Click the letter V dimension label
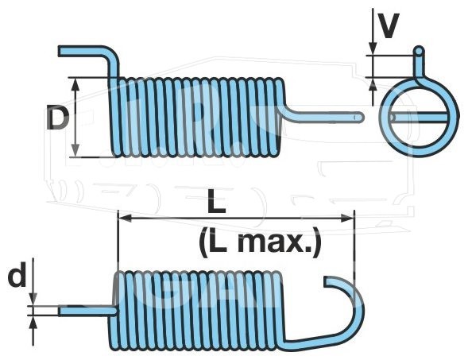[x=387, y=26]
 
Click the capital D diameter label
[x=58, y=118]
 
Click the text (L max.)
[x=260, y=242]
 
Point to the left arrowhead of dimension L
[x=125, y=219]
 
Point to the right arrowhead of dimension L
[x=348, y=219]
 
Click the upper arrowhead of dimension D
[x=75, y=84]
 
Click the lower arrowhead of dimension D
[x=75, y=150]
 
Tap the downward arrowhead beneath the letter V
[x=373, y=48]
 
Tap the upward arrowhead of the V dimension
[x=373, y=84]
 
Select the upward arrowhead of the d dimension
[x=33, y=323]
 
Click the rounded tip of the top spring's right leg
[x=362, y=117]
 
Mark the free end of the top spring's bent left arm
[x=60, y=51]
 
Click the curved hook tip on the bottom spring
[x=326, y=281]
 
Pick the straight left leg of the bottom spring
[x=87, y=311]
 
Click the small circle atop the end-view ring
[x=419, y=51]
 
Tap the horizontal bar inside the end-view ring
[x=419, y=117]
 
